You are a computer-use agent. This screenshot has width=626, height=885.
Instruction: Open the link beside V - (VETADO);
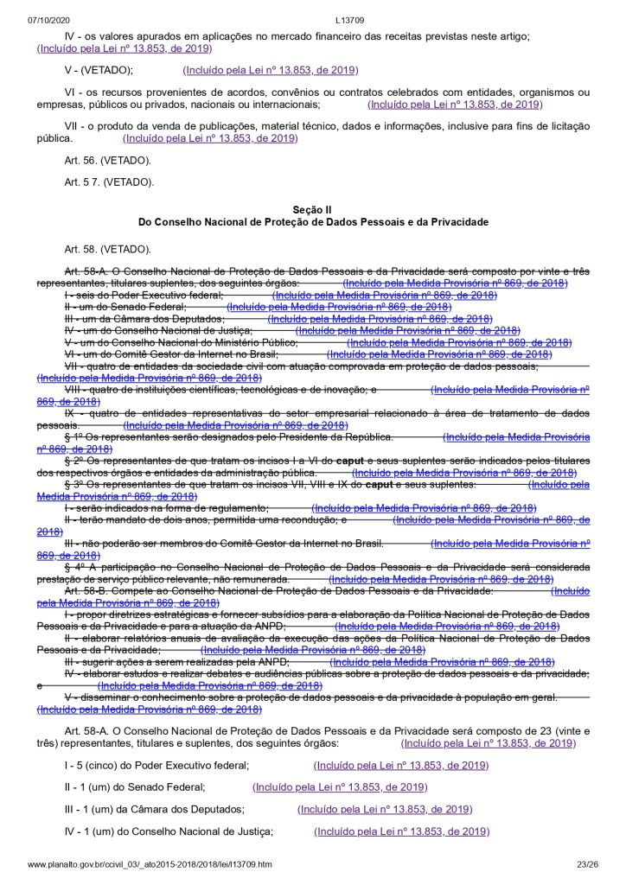click(271, 70)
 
